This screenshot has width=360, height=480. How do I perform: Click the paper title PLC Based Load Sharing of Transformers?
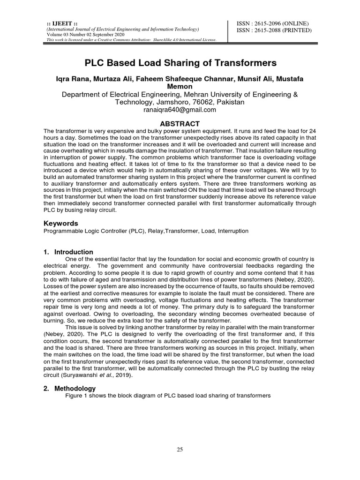click(180, 63)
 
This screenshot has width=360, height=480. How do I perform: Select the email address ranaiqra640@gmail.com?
click(180, 110)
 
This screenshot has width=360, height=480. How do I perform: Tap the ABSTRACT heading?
click(180, 123)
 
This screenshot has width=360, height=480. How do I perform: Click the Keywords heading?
click(61, 223)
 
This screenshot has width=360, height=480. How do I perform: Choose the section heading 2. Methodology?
click(69, 389)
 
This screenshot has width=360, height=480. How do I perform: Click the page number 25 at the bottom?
click(180, 450)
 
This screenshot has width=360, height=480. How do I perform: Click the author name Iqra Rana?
click(72, 79)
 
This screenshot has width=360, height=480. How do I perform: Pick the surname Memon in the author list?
click(180, 87)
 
